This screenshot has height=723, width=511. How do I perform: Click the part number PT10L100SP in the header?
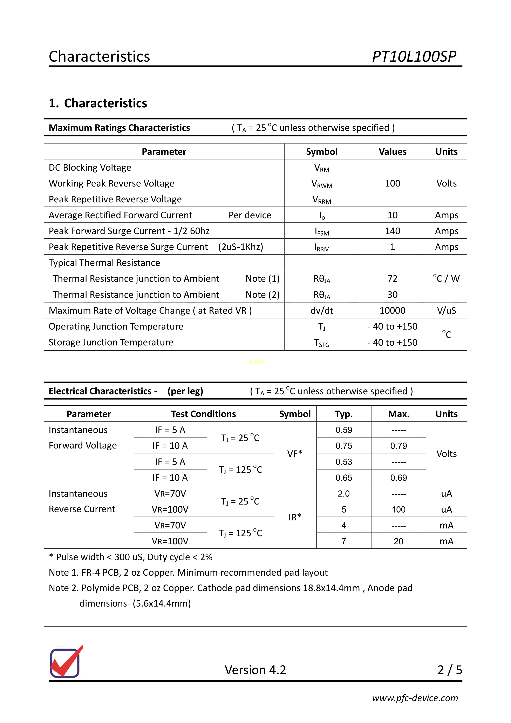tap(414, 57)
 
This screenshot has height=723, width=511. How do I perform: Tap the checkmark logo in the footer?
tap(66, 662)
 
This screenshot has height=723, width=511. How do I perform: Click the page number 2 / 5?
tap(449, 670)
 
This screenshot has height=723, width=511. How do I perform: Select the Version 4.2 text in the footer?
tap(255, 670)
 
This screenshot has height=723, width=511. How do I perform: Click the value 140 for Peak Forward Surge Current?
tap(392, 231)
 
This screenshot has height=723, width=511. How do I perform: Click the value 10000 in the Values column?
tap(392, 310)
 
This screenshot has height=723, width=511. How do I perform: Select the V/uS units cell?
tap(446, 310)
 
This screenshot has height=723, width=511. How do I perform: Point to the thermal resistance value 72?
tap(392, 279)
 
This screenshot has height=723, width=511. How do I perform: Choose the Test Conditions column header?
tap(203, 414)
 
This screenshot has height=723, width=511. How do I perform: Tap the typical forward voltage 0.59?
tap(343, 430)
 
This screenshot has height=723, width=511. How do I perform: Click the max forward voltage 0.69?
tap(398, 478)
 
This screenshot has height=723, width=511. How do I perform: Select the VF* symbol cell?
tap(295, 453)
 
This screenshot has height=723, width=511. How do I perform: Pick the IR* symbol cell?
tap(295, 517)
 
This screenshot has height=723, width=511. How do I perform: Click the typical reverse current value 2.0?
tap(343, 493)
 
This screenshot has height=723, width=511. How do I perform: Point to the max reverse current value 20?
tap(398, 541)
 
